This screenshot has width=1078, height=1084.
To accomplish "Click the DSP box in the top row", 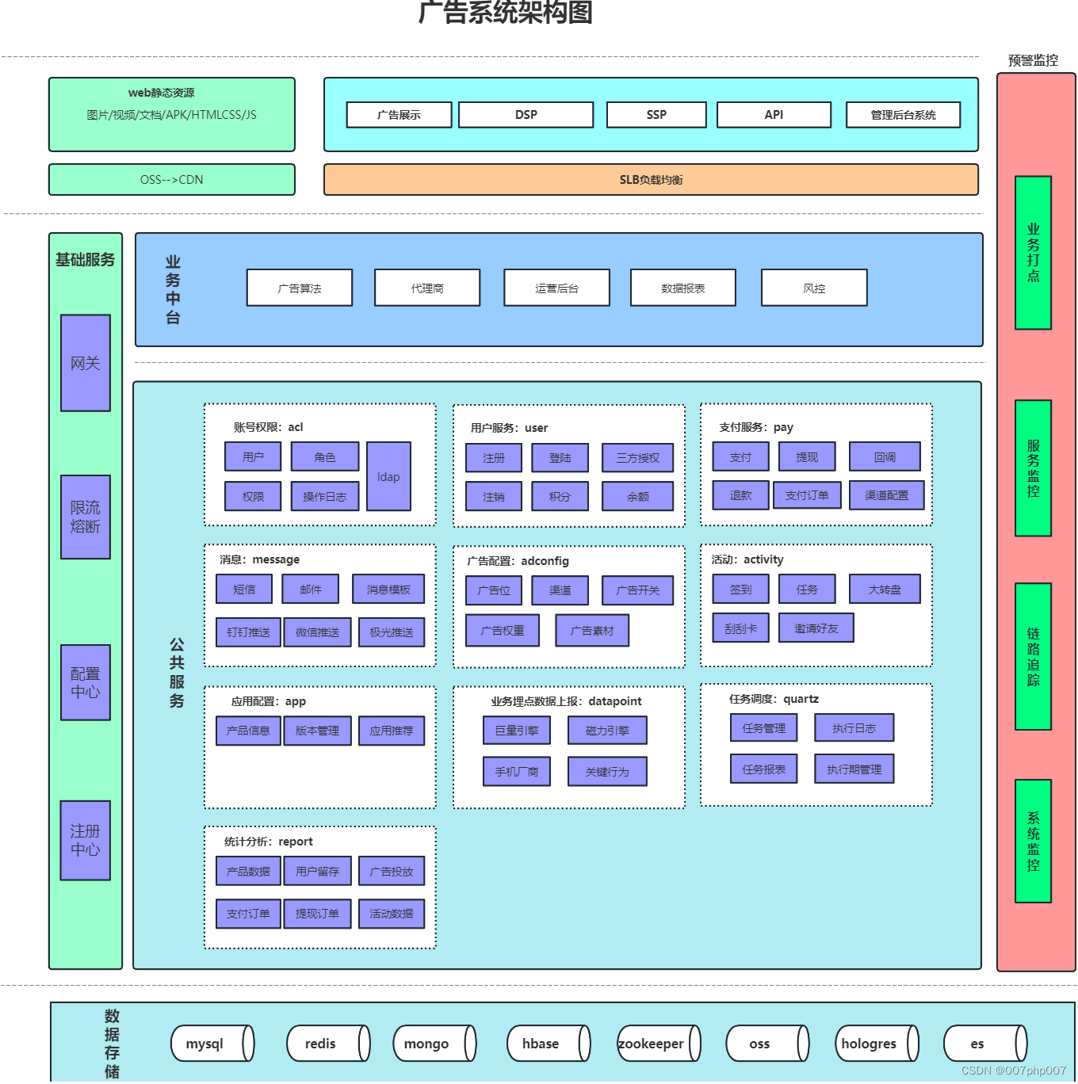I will [x=526, y=115].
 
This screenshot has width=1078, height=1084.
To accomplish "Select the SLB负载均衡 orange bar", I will [x=651, y=180].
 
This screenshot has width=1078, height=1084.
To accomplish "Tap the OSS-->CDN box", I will [x=172, y=180].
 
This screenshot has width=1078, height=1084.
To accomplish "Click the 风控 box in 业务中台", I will [x=814, y=288].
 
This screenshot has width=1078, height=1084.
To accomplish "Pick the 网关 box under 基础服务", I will [x=86, y=363].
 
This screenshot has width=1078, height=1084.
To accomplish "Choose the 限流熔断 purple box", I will [x=86, y=517].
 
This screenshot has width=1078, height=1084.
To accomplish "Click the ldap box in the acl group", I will [x=388, y=476].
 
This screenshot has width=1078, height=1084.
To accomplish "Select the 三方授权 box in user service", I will [x=637, y=458].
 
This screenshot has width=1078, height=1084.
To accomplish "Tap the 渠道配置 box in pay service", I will [x=886, y=495].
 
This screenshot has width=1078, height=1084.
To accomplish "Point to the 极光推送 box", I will [x=392, y=632].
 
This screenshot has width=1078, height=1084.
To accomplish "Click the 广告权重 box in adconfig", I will [x=503, y=631].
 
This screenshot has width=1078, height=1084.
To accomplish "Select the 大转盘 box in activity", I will [x=885, y=590].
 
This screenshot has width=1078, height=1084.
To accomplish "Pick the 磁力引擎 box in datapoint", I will [x=607, y=731].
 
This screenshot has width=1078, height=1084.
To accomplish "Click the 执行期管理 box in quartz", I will [x=854, y=769].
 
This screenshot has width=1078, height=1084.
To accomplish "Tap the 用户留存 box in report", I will [x=317, y=871].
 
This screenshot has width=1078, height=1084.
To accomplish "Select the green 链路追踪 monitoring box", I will [x=1033, y=656].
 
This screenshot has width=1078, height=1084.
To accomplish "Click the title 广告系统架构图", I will [x=506, y=13].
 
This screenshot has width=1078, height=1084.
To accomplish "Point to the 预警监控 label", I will [x=1033, y=60].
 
